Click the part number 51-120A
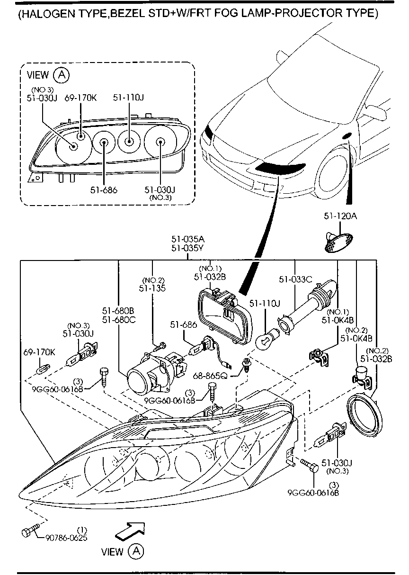[340, 216]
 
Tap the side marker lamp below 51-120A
[336, 241]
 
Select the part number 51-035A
[188, 239]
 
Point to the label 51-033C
[295, 279]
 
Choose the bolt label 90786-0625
[66, 538]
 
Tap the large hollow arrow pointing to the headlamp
[128, 530]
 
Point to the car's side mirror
[377, 112]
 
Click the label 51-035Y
[188, 248]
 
